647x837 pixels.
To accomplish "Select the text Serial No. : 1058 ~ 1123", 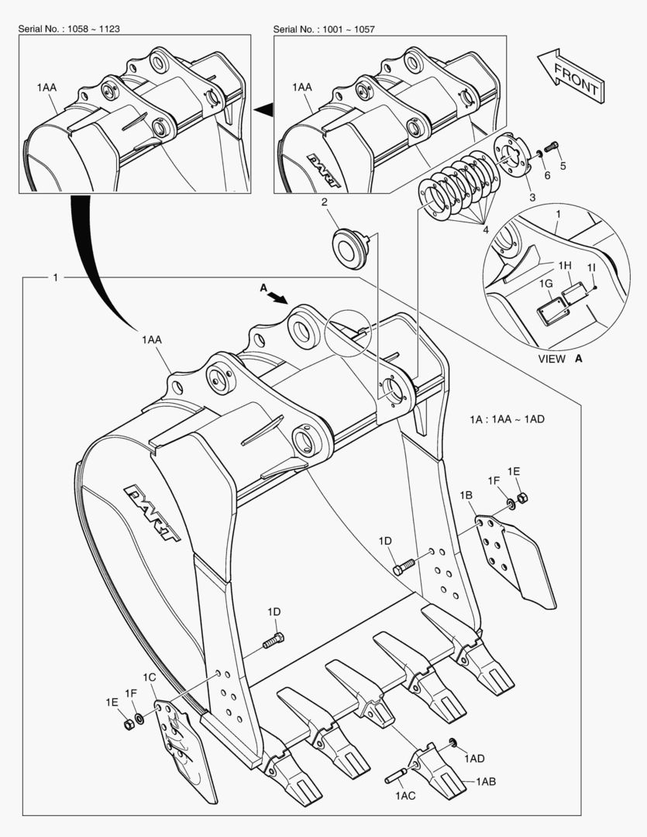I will coord(68,29).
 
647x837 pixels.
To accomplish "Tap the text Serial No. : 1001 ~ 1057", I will coord(324,29).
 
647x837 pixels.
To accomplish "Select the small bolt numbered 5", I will coord(552,146).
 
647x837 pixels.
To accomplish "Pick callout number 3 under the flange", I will coord(532,198).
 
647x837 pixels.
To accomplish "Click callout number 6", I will coord(546,176).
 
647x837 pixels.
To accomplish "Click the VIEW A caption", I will coord(560,360).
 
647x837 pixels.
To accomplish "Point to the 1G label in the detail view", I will coord(546,285).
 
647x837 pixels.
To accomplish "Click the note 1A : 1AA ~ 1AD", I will coord(507,418).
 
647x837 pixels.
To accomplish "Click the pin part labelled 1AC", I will coord(397,774).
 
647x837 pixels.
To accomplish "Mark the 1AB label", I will coord(486,781).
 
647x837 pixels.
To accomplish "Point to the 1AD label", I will coord(475,757).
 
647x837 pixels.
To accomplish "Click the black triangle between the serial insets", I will coord(263,111).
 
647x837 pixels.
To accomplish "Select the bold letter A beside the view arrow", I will coord(263,288).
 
